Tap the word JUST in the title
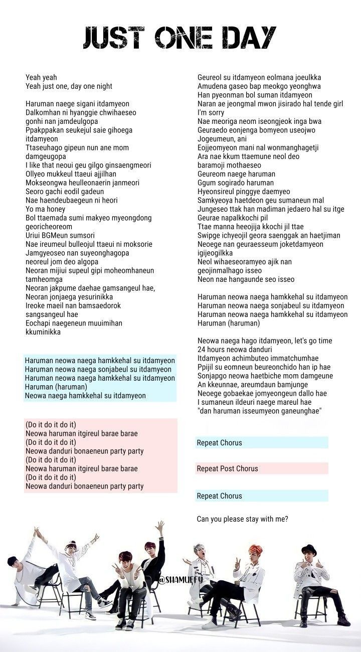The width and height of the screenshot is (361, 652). click(115, 37)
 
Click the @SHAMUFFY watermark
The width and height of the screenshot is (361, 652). click(180, 580)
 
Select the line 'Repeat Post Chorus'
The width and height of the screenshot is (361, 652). click(227, 468)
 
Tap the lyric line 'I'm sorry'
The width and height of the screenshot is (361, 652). click(211, 112)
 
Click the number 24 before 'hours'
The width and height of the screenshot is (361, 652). click(202, 350)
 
